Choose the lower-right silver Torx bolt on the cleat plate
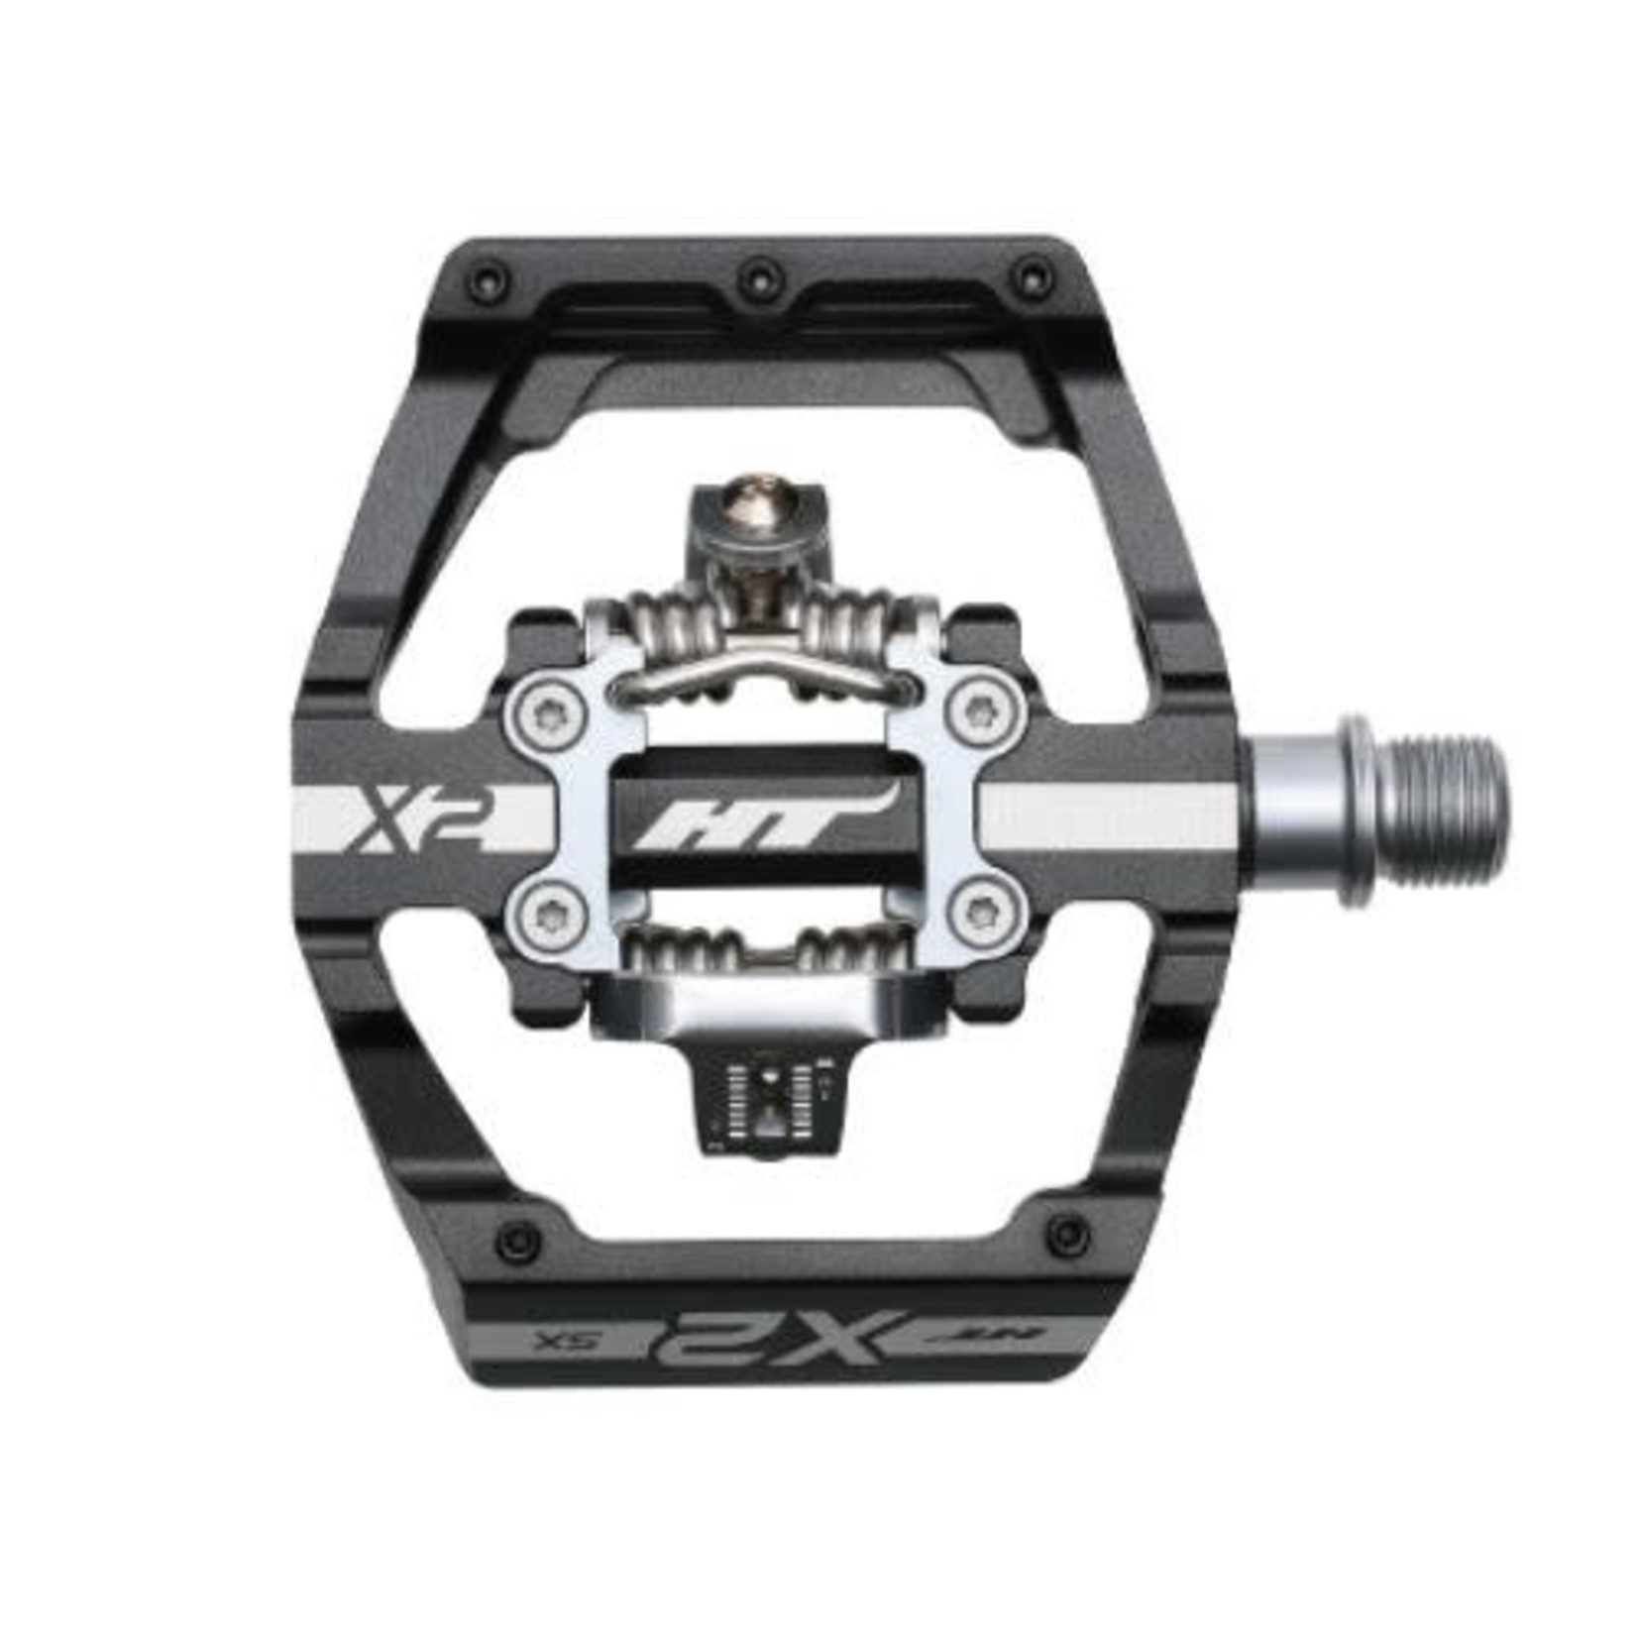(x=985, y=913)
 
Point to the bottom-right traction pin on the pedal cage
(x=1068, y=1234)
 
